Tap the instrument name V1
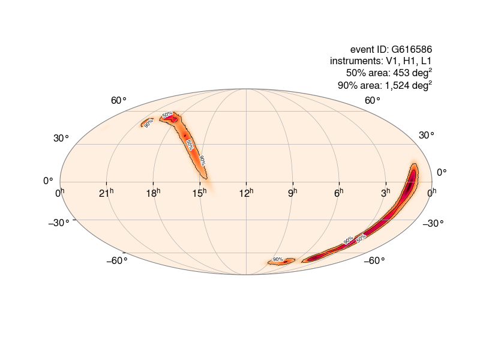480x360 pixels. click(x=394, y=61)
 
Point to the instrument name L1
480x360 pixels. click(x=425, y=61)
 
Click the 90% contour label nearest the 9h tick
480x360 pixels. click(x=278, y=259)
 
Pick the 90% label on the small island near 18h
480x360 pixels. click(x=148, y=123)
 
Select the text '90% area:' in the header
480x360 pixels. click(x=358, y=85)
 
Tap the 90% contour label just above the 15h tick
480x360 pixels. click(x=203, y=160)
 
